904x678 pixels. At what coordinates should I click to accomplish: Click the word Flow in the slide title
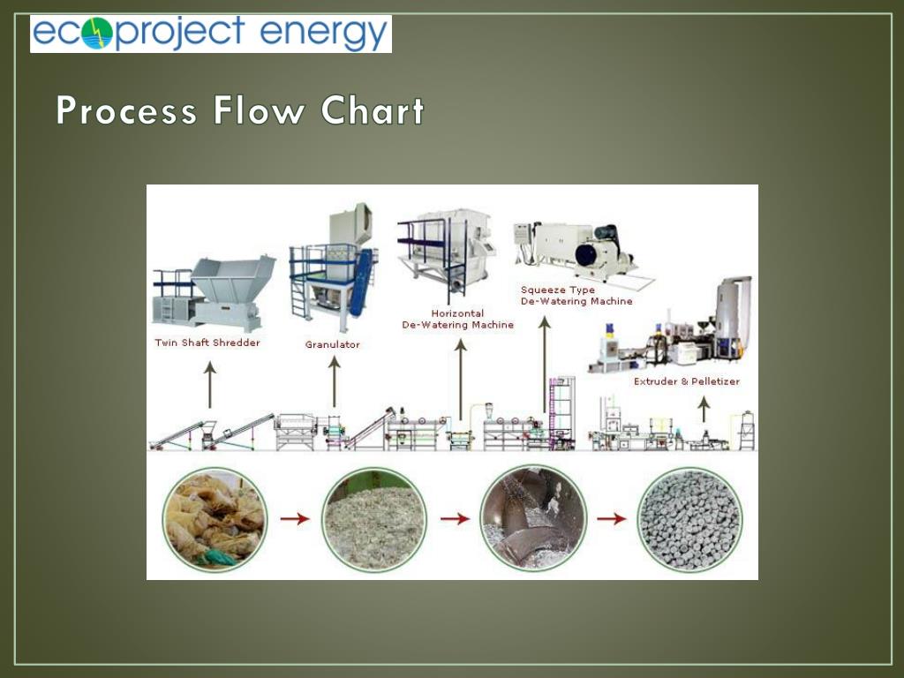click(259, 112)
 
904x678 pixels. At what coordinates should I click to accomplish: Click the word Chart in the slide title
click(373, 112)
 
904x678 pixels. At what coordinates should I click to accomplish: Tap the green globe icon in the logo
click(97, 34)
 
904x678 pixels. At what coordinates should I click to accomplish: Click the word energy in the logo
click(324, 34)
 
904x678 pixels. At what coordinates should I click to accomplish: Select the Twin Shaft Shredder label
click(207, 343)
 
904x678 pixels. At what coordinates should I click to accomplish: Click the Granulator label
click(333, 344)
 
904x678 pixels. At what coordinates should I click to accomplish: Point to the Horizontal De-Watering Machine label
click(458, 319)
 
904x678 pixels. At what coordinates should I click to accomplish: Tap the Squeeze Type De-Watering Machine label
click(576, 296)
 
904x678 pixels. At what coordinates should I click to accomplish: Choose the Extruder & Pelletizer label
click(687, 381)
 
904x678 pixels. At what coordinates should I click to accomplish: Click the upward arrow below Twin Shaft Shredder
click(209, 385)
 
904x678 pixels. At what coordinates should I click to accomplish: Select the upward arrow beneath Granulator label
click(335, 381)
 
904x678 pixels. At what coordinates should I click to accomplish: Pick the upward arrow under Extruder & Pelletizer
click(704, 408)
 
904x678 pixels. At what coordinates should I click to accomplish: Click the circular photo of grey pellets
click(690, 519)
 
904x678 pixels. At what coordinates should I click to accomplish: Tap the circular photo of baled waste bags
click(215, 519)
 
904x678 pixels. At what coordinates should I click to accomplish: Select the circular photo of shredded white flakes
click(374, 519)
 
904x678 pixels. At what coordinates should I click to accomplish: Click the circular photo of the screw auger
click(533, 519)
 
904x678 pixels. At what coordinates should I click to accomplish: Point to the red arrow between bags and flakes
click(295, 519)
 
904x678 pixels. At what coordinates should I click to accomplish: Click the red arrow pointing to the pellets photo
click(611, 519)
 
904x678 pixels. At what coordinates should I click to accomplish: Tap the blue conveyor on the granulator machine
click(360, 282)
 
